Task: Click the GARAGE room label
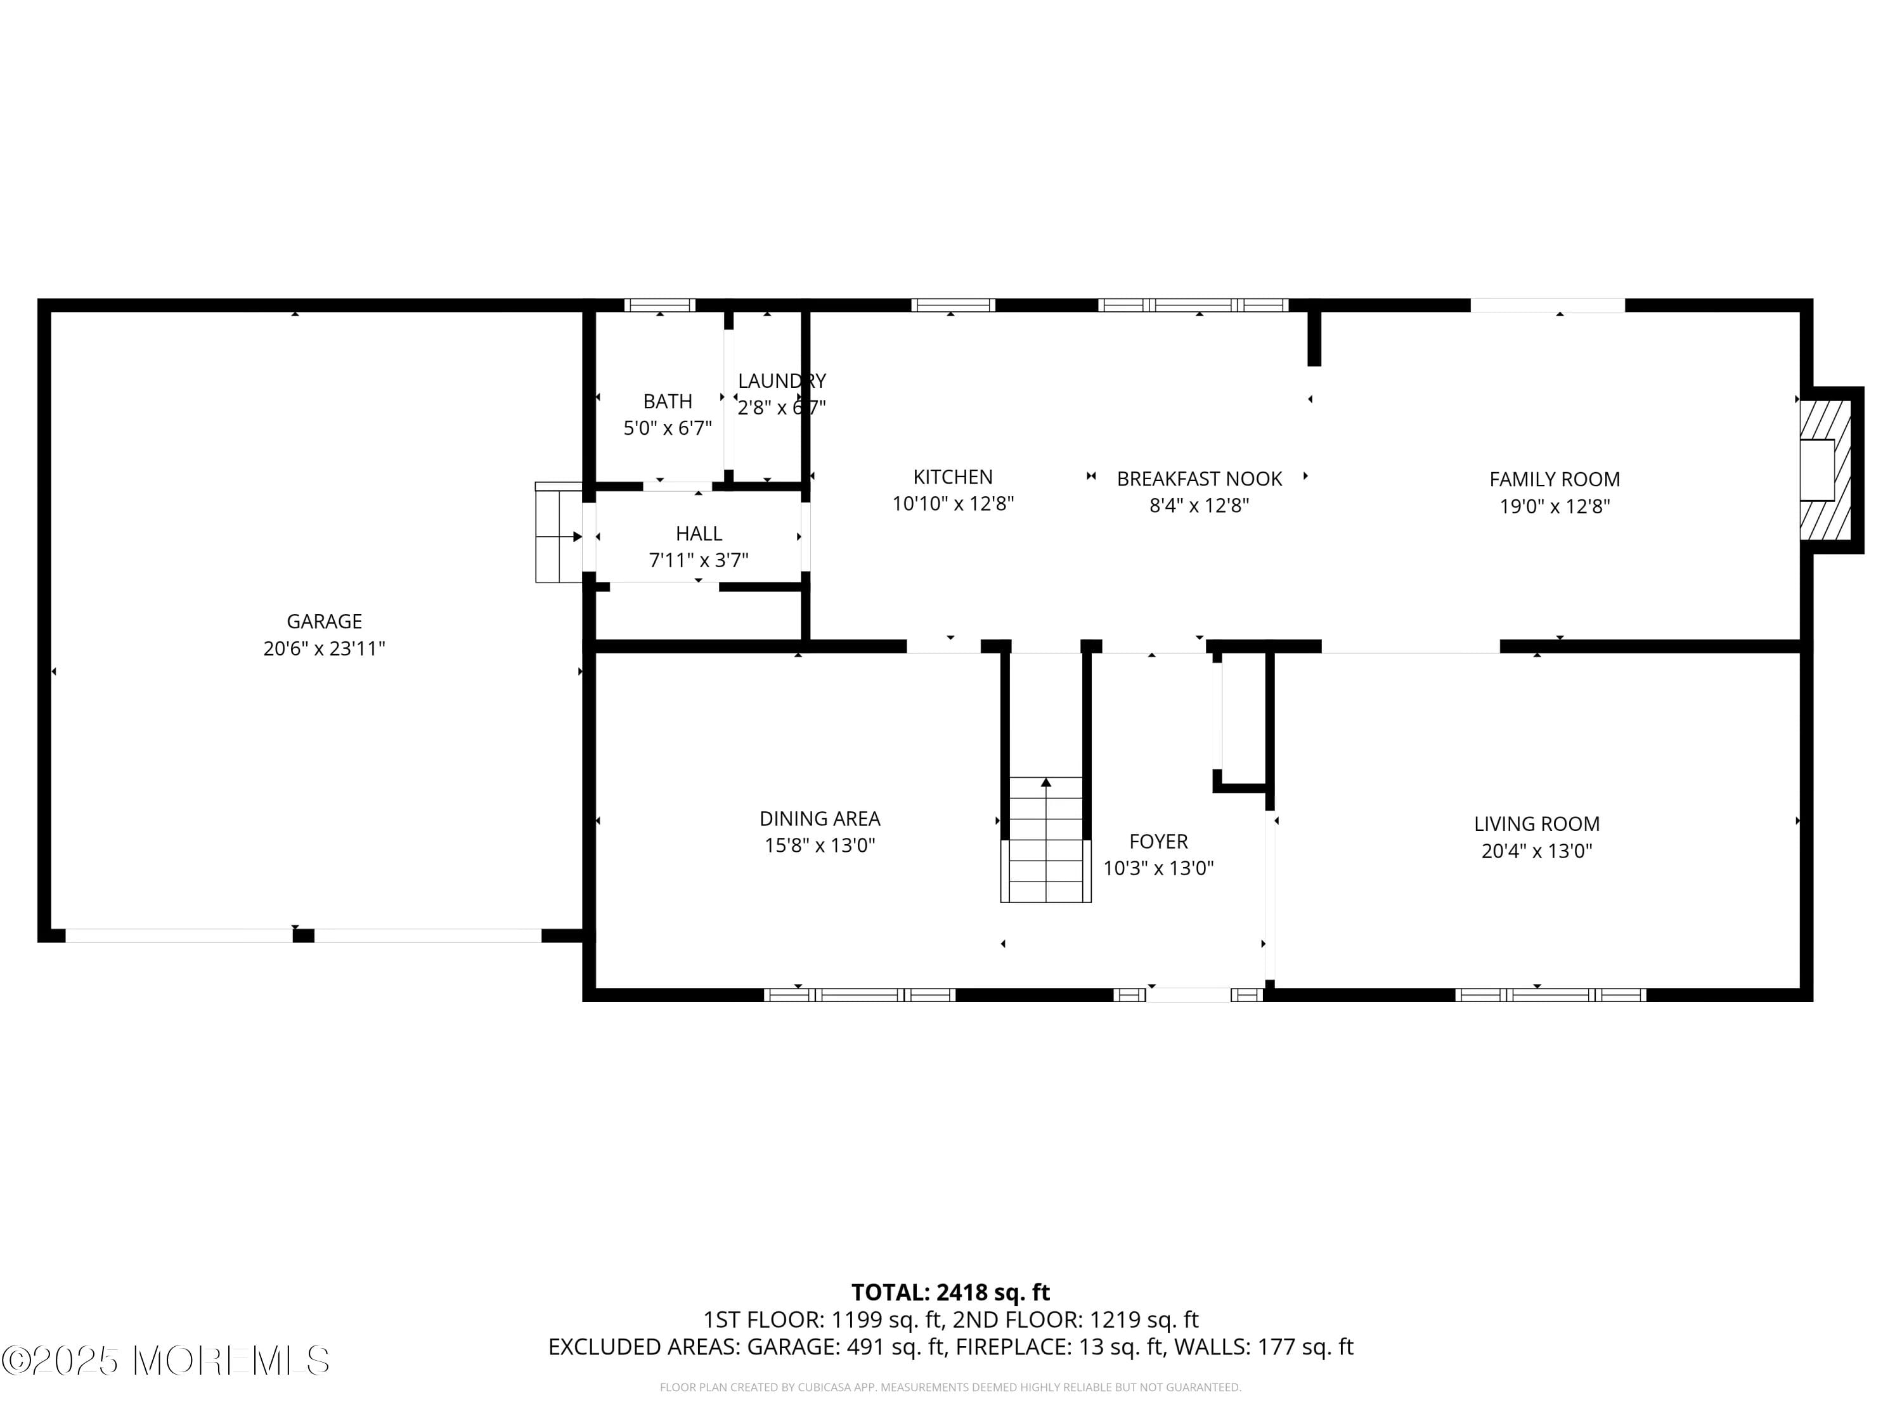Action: [324, 620]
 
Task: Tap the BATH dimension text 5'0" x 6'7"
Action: [667, 428]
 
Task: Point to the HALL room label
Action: [698, 534]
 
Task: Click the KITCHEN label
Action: [953, 477]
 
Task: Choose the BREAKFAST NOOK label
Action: [1199, 479]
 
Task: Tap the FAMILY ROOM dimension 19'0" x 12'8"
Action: [1554, 506]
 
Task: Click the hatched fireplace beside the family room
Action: [1825, 470]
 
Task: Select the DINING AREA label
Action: [819, 818]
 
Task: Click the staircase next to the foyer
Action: [1045, 840]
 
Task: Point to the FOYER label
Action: [1158, 842]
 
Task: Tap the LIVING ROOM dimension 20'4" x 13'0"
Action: [1537, 851]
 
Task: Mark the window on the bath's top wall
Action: [659, 305]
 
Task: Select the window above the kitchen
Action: [953, 305]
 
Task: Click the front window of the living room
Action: [1550, 996]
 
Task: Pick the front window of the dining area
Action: [859, 996]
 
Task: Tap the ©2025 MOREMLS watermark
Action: [165, 1361]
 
